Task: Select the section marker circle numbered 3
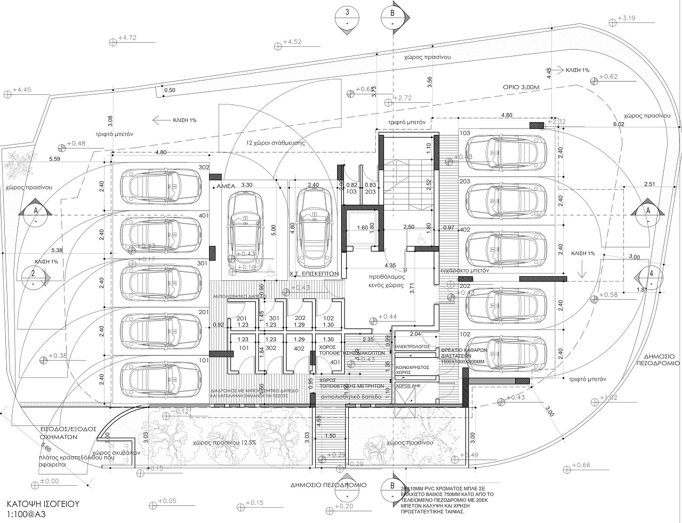348,18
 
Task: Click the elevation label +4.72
127,38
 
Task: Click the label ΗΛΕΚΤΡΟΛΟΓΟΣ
412,345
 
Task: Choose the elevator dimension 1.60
362,228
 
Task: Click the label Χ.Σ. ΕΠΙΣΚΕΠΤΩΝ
314,271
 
